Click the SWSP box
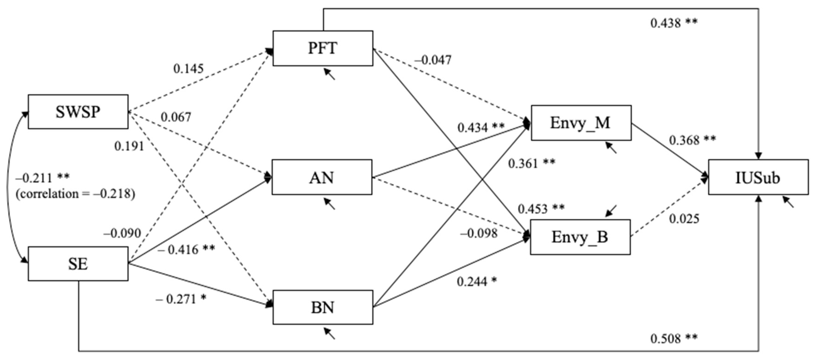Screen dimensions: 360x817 click(78, 112)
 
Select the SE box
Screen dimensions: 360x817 click(78, 264)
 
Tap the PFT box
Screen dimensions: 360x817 click(323, 48)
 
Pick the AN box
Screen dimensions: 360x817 click(322, 177)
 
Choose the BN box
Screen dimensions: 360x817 click(323, 307)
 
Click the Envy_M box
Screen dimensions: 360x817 click(581, 123)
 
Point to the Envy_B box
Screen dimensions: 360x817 click(580, 237)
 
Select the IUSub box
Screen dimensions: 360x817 click(758, 177)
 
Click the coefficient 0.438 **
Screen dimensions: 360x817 click(674, 23)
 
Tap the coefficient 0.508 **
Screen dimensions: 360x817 click(674, 339)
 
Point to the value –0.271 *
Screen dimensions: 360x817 click(181, 299)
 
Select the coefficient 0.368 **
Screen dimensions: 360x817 click(692, 140)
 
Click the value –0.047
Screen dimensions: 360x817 click(433, 60)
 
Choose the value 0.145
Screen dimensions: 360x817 click(188, 69)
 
